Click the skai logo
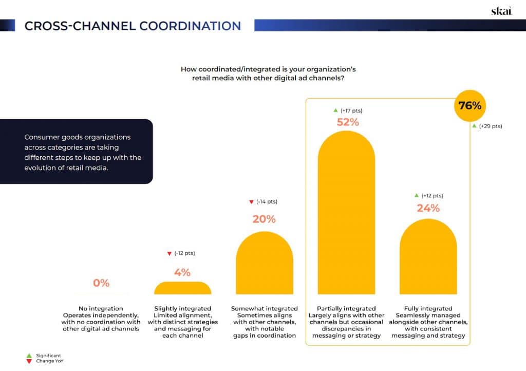(x=501, y=11)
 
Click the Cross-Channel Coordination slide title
(x=133, y=26)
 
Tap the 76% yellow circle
(x=469, y=106)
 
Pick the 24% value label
(x=428, y=208)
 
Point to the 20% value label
(x=264, y=219)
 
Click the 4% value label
(x=182, y=272)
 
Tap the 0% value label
(x=101, y=283)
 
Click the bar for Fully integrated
(x=428, y=257)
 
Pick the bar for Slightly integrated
(x=182, y=288)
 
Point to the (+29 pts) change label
(x=490, y=126)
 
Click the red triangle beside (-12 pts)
(x=169, y=254)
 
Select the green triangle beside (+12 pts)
(x=417, y=195)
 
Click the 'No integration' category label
(x=101, y=309)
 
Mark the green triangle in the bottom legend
(x=29, y=355)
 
